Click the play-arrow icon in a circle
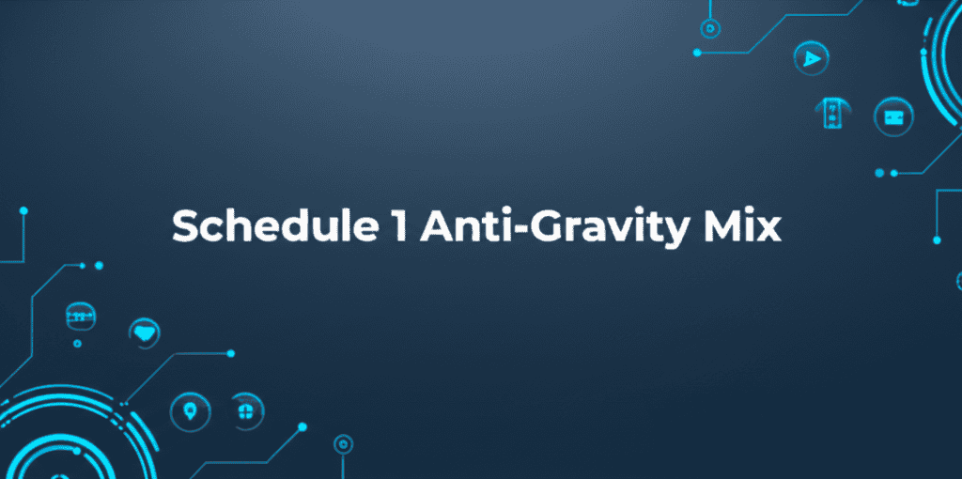(811, 58)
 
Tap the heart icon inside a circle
(145, 333)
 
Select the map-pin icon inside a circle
(190, 410)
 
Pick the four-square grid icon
(246, 410)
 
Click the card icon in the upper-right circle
(894, 116)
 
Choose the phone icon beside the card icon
(832, 114)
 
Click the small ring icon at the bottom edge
(343, 444)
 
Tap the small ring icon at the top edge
(710, 27)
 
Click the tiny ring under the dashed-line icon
(77, 344)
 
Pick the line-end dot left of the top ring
(697, 53)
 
